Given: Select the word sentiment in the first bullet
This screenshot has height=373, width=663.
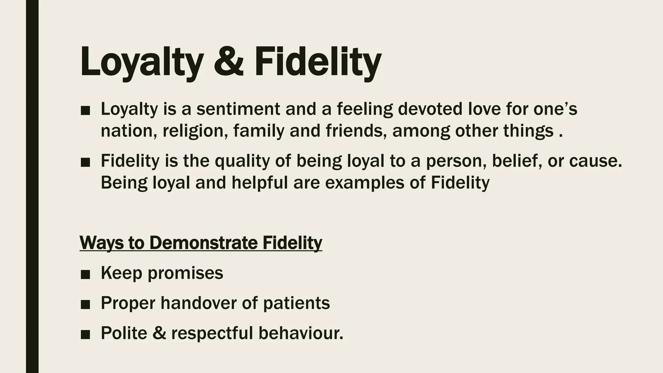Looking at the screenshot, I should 238,109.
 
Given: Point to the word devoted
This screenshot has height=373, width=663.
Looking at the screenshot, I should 430,109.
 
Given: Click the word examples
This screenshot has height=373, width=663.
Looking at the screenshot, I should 365,183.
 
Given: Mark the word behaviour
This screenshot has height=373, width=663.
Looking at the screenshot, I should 300,333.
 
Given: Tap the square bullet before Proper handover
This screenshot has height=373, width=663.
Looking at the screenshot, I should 85,304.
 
